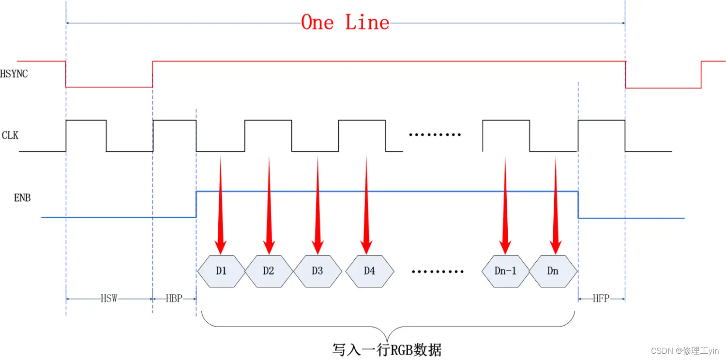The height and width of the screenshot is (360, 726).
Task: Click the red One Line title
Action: click(345, 22)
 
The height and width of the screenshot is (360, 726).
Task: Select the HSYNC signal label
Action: click(14, 74)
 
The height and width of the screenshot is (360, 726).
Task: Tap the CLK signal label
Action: click(10, 135)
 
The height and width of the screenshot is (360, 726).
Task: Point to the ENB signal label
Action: click(22, 197)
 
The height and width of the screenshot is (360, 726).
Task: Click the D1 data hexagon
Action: click(221, 271)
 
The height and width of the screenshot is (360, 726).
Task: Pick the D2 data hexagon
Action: click(269, 271)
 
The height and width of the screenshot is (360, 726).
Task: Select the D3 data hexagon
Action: click(317, 271)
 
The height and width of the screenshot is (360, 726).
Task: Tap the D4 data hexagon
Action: click(369, 271)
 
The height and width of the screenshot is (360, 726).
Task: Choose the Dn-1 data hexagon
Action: click(505, 271)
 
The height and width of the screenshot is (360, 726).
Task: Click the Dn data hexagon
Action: click(553, 271)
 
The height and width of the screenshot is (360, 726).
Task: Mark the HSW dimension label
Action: click(109, 299)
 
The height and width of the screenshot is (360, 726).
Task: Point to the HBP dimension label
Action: click(174, 299)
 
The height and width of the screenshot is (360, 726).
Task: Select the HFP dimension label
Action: click(601, 299)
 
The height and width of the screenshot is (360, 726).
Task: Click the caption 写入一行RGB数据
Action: click(387, 349)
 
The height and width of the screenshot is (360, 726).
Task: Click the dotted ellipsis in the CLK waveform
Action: click(435, 135)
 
